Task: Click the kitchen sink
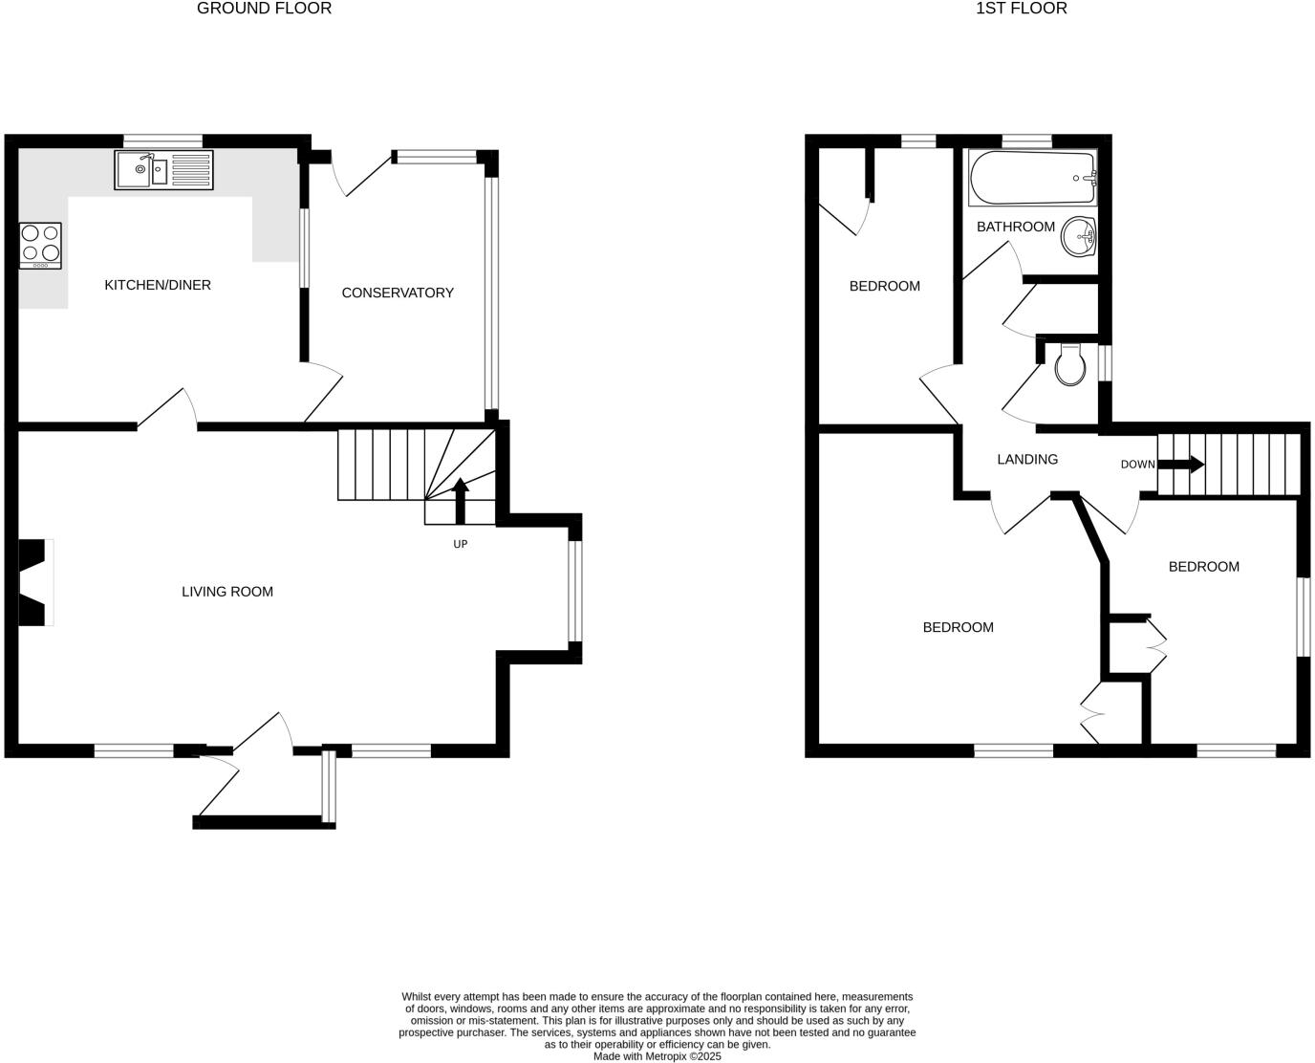[x=163, y=170]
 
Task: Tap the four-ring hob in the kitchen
[x=40, y=245]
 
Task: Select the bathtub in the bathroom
[x=1032, y=178]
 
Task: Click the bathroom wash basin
[x=1079, y=236]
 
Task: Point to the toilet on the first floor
[x=1072, y=365]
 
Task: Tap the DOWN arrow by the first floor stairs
[x=1180, y=465]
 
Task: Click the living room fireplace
[x=34, y=583]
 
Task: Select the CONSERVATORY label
[x=398, y=293]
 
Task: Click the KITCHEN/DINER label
[x=158, y=285]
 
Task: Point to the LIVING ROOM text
[x=227, y=592]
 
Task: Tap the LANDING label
[x=1027, y=459]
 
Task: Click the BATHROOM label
[x=1015, y=227]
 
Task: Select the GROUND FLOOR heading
[x=264, y=9]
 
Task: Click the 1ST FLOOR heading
[x=1021, y=9]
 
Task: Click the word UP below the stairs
[x=460, y=544]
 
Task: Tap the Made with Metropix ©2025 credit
[x=657, y=1056]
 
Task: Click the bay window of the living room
[x=573, y=591]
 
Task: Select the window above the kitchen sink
[x=163, y=141]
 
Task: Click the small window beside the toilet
[x=1105, y=363]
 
